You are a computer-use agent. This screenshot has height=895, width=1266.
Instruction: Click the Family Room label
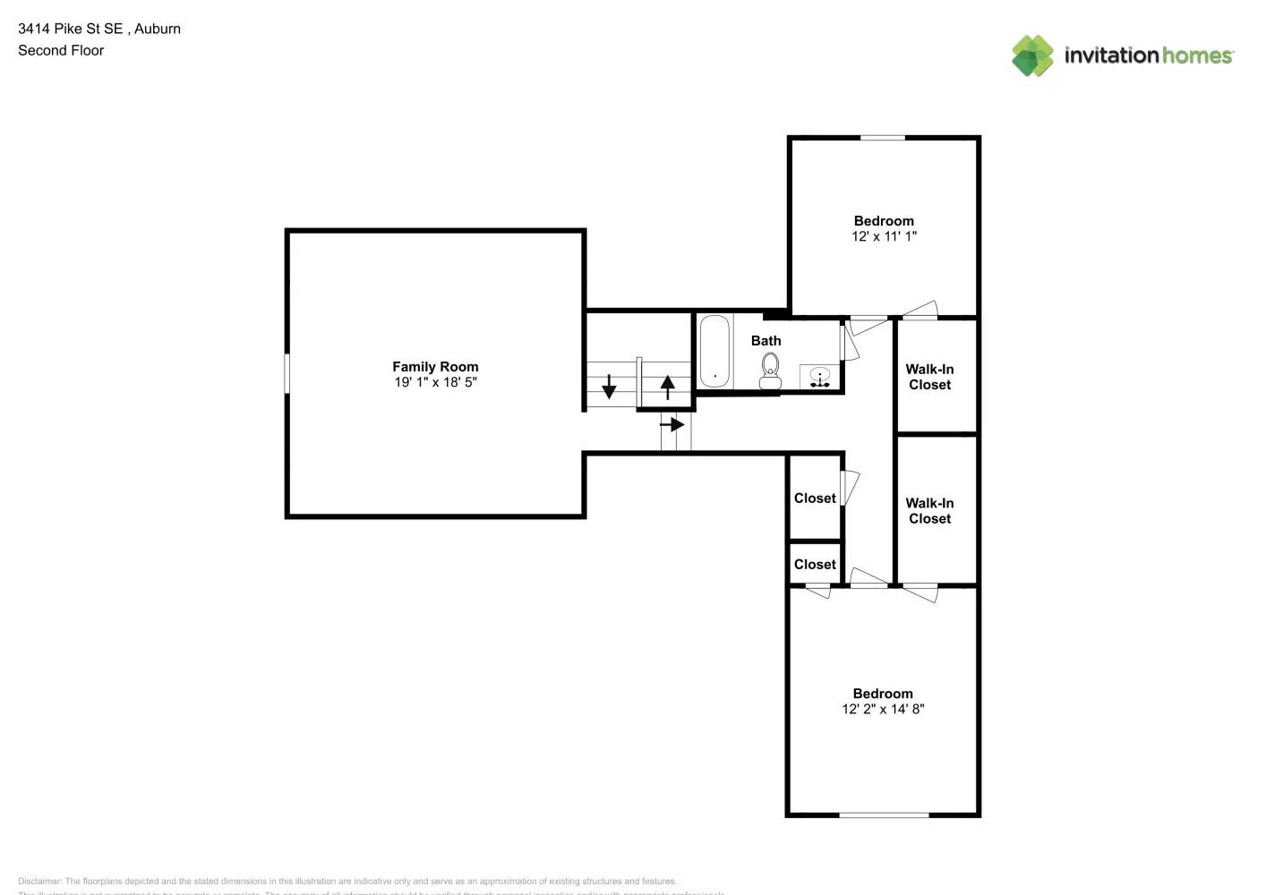(435, 366)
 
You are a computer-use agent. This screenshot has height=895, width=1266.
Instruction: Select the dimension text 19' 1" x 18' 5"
(435, 382)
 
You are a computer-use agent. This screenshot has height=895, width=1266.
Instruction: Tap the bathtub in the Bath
(714, 351)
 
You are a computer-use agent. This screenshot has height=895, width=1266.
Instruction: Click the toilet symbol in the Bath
(770, 371)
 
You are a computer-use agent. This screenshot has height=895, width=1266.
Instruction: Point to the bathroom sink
(819, 378)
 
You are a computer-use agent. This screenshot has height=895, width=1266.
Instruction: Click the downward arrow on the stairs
(609, 387)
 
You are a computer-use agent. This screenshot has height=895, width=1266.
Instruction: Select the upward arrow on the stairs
(667, 387)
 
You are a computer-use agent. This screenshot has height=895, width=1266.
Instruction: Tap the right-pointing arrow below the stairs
(672, 424)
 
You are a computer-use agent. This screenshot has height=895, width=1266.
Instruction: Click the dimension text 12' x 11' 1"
(884, 236)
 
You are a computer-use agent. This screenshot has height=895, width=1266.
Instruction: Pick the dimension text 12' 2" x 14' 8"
(883, 709)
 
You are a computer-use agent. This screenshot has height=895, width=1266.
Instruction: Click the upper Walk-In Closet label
(929, 377)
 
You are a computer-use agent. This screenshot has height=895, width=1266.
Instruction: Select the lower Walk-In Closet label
(929, 511)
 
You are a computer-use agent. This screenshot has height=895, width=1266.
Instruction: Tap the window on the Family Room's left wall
(287, 373)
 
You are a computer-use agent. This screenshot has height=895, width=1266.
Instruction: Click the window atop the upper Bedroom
(883, 138)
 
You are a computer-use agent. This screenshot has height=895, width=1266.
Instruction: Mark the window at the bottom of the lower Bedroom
(883, 814)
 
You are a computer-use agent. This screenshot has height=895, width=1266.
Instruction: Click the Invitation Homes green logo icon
(1032, 55)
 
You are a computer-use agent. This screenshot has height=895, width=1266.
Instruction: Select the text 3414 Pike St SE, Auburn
(99, 29)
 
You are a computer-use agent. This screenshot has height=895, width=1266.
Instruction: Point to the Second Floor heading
(61, 50)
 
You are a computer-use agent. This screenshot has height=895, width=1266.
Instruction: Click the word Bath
(766, 341)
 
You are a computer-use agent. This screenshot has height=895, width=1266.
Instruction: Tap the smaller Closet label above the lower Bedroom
(815, 565)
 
